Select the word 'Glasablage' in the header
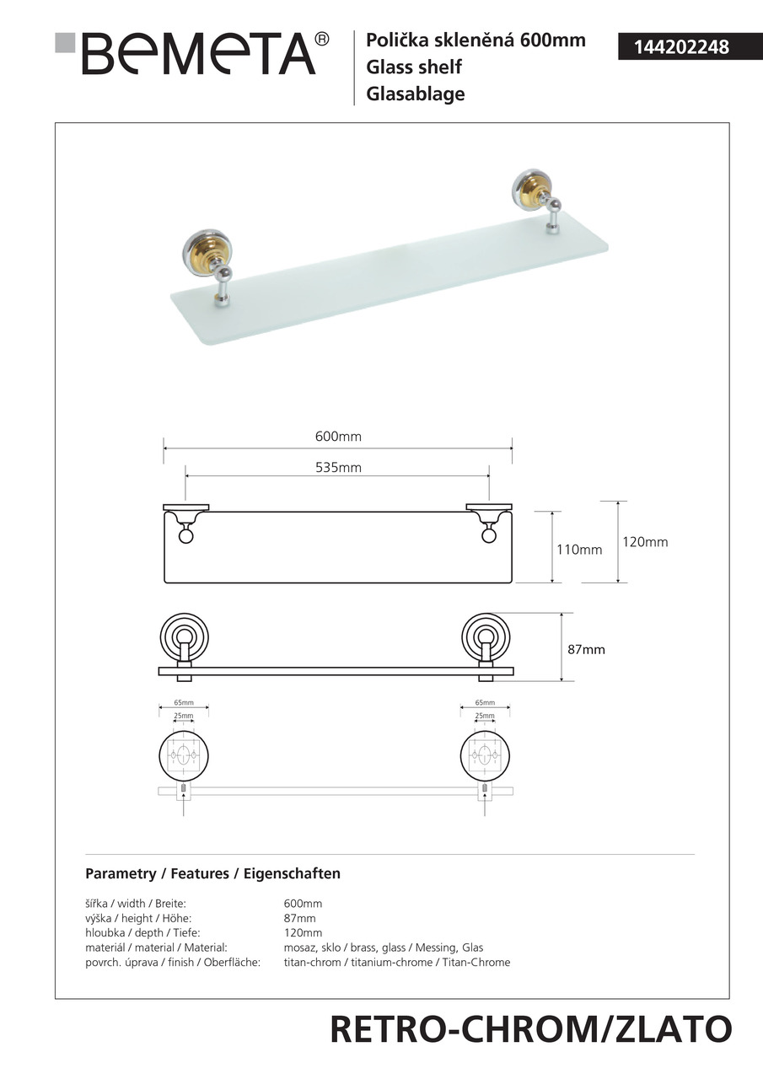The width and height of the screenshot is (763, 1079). (416, 94)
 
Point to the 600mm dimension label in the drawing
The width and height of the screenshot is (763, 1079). (338, 437)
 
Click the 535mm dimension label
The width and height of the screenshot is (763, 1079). (338, 468)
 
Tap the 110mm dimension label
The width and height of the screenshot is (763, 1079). (579, 550)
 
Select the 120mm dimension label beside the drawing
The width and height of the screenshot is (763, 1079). (645, 542)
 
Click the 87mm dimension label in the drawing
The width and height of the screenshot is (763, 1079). (587, 650)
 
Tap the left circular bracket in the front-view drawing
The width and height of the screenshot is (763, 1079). (184, 636)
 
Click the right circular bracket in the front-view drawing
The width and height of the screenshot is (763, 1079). (486, 636)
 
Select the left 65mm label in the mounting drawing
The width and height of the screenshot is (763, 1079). (184, 702)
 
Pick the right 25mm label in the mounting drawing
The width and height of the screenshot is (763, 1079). (485, 716)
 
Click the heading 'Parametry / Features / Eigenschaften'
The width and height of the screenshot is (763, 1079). (212, 873)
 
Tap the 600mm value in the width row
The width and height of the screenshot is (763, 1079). (303, 904)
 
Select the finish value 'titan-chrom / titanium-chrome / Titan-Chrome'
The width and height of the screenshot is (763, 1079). (396, 963)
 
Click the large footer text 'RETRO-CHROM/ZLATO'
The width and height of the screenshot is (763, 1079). (530, 1030)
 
